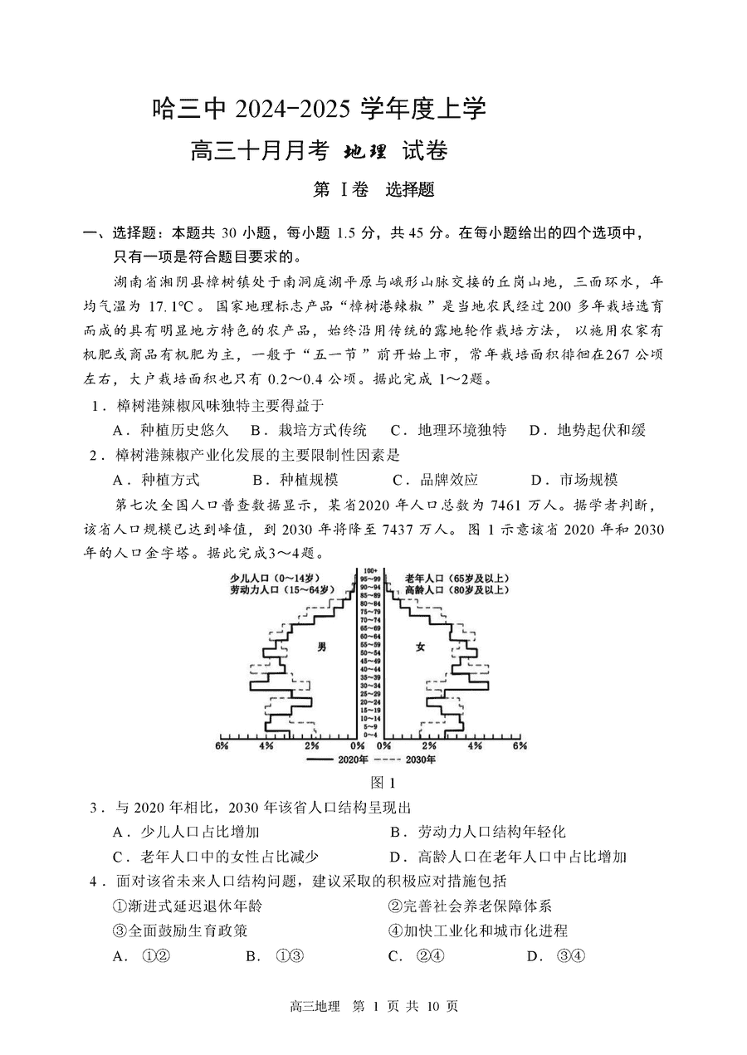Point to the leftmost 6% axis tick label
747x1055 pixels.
click(x=222, y=746)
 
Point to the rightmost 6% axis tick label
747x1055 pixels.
click(x=520, y=746)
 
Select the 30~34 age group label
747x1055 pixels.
click(x=370, y=685)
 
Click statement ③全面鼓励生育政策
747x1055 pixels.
click(x=178, y=931)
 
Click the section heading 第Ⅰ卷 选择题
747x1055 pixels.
click(x=373, y=190)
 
